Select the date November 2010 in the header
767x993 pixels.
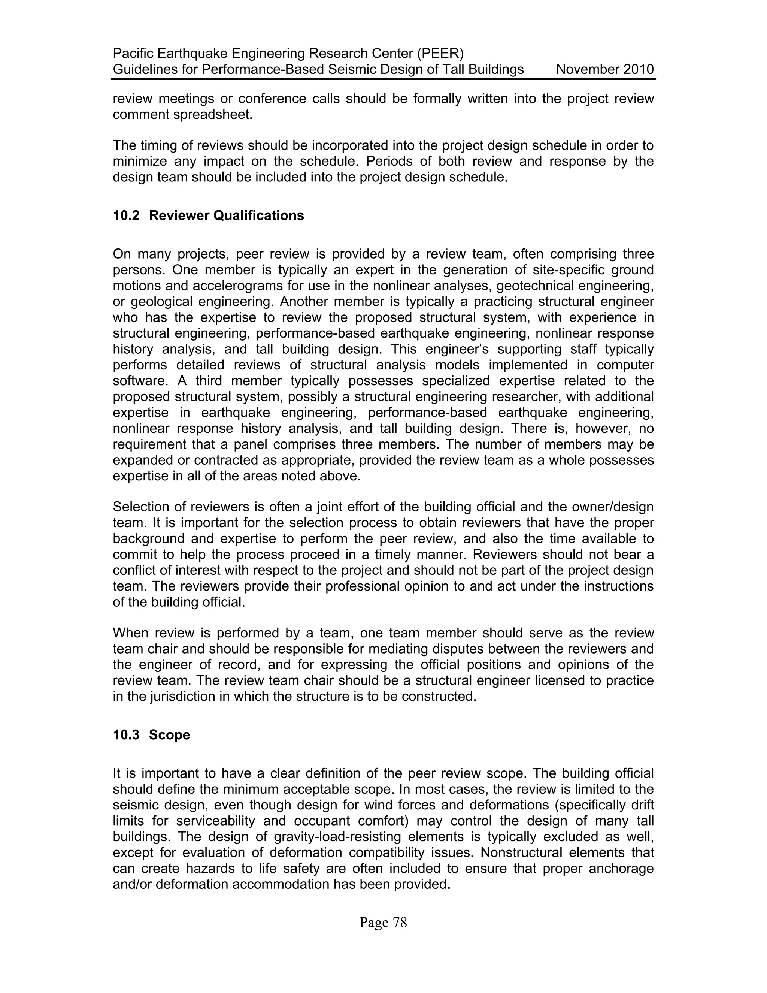605,70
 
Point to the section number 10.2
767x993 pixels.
126,215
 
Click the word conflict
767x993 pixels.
132,570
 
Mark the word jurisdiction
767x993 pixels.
182,696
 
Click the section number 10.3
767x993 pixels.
126,735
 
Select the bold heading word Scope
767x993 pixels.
170,735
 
